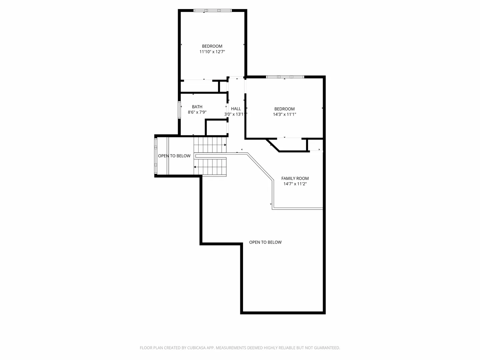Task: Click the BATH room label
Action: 197,107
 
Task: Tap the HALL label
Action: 236,109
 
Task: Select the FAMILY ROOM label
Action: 295,178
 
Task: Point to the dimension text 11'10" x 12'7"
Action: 212,52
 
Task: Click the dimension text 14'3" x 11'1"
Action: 284,114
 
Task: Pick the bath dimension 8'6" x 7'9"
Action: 197,112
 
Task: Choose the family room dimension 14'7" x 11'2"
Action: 295,184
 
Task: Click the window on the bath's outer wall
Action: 179,110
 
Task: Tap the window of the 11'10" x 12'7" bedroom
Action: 213,10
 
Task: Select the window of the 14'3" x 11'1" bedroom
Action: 285,77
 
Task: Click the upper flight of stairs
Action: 210,145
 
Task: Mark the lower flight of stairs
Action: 210,167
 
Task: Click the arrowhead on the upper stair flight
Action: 225,145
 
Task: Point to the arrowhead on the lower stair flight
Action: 195,167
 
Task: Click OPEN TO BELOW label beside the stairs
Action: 174,156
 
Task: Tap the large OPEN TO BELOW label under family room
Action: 265,242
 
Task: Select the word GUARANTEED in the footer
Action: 327,348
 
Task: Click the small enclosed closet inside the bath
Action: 216,128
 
